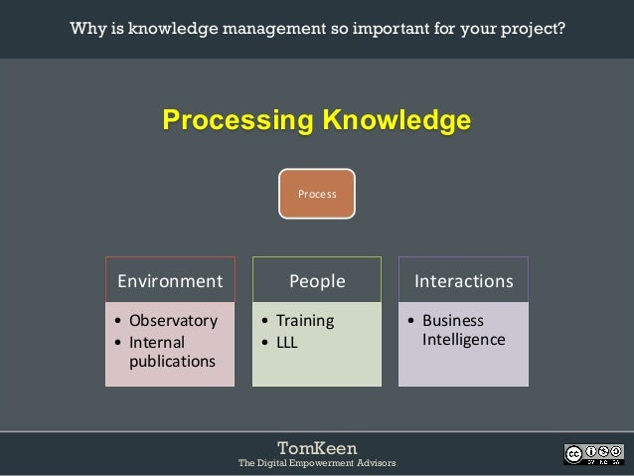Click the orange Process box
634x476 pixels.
point(316,194)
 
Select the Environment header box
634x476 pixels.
point(170,281)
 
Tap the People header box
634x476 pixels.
point(316,281)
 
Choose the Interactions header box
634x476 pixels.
point(463,281)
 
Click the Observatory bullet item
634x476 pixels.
point(172,321)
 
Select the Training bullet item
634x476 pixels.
point(304,321)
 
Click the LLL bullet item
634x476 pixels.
point(286,342)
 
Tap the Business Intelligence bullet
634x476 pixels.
point(462,331)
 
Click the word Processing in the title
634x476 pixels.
point(235,121)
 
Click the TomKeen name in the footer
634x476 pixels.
point(316,448)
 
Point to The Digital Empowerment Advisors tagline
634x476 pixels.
point(316,464)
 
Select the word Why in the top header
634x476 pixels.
point(86,28)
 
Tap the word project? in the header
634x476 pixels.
point(534,28)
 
